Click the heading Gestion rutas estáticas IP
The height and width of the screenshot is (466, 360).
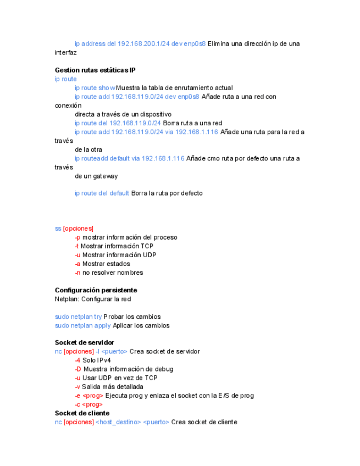(95, 70)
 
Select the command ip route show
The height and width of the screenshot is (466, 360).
(95, 88)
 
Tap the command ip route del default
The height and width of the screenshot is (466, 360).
(102, 193)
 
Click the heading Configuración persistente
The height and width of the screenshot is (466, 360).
(96, 290)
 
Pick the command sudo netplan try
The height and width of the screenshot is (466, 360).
(78, 317)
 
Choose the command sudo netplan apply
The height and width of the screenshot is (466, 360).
(82, 325)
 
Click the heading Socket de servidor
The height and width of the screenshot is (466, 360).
(85, 343)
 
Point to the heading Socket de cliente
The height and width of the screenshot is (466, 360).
(82, 413)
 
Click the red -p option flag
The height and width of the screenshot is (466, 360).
(77, 237)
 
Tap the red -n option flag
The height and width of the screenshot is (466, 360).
(77, 273)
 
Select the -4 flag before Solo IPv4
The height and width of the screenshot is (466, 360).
(77, 360)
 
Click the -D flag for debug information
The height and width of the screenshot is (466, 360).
(78, 369)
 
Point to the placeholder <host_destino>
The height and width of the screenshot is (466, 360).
(118, 422)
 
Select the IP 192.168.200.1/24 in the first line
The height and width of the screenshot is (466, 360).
(143, 44)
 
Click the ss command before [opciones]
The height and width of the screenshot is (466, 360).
(58, 229)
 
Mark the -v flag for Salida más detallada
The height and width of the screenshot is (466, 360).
(77, 387)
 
